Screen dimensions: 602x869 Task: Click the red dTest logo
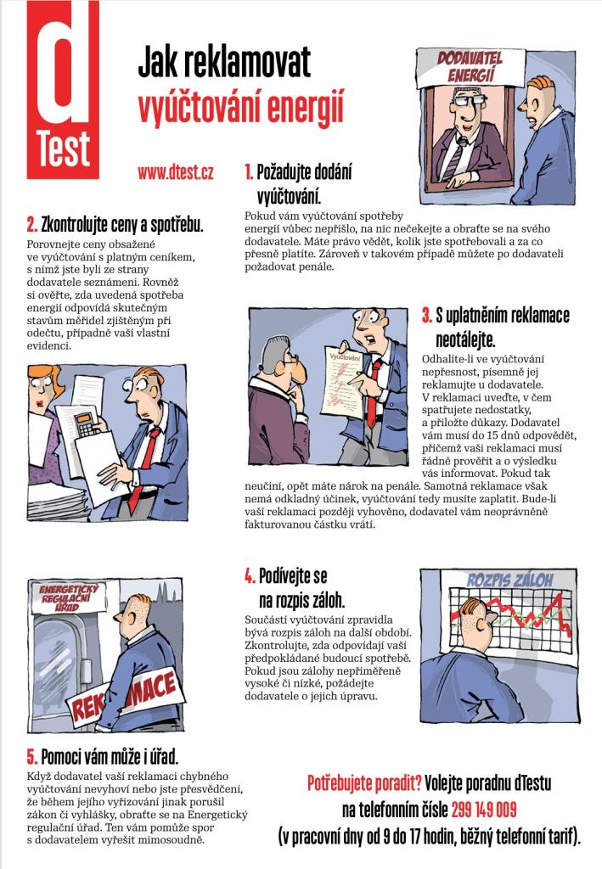(63, 90)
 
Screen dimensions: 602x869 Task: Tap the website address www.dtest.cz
(176, 172)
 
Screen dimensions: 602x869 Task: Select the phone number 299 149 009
(484, 810)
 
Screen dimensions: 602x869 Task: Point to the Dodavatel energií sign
(470, 67)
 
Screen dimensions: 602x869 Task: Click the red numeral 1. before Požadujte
(249, 172)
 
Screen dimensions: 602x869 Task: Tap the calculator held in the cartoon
(87, 424)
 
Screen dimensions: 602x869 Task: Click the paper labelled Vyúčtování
(344, 383)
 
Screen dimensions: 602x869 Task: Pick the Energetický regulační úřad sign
(68, 597)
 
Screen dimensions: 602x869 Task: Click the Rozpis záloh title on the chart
(509, 580)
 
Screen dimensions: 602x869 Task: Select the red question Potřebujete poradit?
(364, 783)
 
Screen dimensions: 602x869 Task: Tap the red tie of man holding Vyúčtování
(374, 393)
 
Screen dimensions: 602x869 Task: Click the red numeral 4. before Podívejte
(250, 576)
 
